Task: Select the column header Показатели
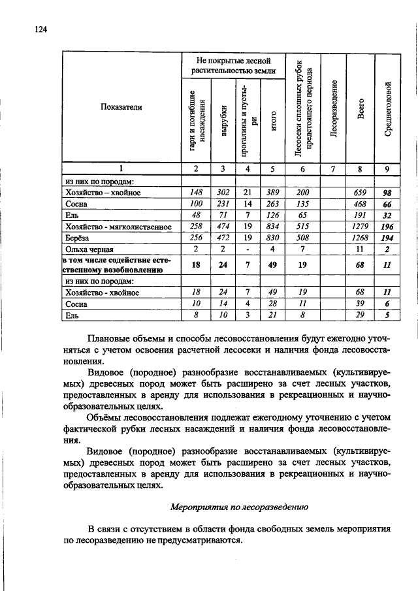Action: pos(121,107)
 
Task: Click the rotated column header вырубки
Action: pos(223,120)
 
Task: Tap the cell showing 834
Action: pos(272,227)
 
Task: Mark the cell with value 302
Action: pos(223,193)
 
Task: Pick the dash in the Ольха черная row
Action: pos(248,249)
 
